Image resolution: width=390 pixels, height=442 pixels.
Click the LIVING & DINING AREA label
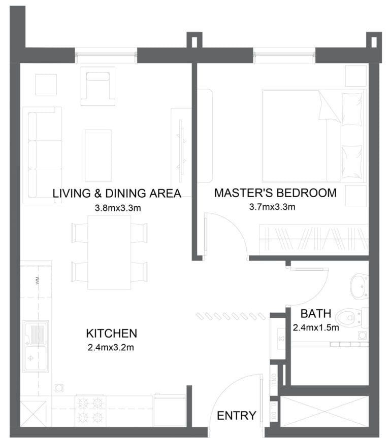click(117, 193)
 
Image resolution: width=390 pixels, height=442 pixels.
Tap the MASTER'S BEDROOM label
click(275, 193)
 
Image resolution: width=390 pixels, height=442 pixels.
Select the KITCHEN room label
click(112, 333)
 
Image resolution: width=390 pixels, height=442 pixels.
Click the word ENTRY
click(237, 416)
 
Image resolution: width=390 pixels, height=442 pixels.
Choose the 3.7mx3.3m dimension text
click(272, 207)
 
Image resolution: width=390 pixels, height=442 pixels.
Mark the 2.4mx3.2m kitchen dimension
click(112, 347)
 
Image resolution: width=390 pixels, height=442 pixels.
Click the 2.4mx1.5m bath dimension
click(316, 327)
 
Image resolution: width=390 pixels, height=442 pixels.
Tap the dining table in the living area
click(109, 252)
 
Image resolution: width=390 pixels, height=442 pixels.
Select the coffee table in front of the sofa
click(98, 155)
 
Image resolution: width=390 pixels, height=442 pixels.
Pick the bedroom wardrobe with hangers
click(313, 239)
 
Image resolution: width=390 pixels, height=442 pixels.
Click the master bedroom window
click(284, 55)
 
